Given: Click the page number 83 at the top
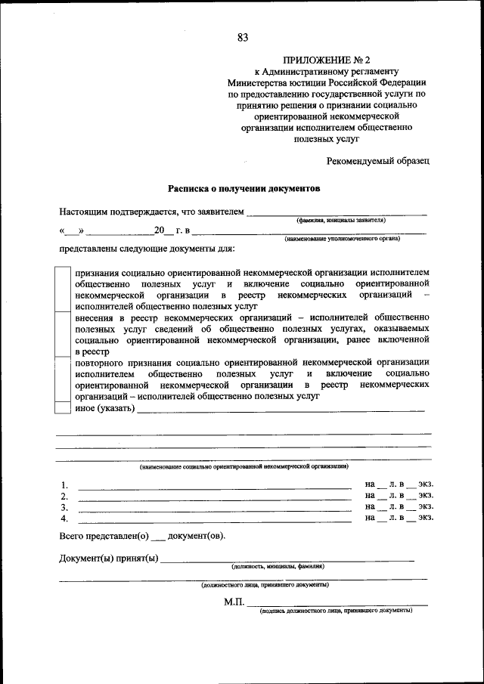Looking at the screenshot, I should tap(242, 38).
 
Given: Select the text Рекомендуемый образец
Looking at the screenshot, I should tap(379, 160).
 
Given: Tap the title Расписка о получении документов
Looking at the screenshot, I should tap(244, 187).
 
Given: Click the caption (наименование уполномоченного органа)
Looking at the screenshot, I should tap(342, 238).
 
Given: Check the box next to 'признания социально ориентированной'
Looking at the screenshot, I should tap(64, 289).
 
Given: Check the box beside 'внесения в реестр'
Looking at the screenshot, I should tap(64, 335).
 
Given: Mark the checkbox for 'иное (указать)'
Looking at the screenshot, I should tap(64, 408).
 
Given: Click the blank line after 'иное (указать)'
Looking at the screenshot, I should tap(281, 410).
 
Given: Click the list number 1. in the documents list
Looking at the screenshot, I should tap(65, 485).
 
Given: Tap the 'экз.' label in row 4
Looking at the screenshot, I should tap(427, 518).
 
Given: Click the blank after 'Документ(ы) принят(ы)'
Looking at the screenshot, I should tap(287, 561).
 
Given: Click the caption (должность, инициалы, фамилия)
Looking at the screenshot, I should tap(278, 566).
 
